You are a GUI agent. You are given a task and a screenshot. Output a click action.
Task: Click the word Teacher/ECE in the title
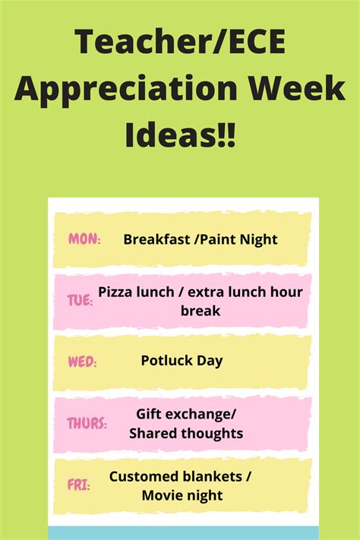(180, 43)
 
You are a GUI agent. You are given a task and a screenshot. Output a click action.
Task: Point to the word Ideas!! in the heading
(180, 134)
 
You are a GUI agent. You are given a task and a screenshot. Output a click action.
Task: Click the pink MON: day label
(84, 238)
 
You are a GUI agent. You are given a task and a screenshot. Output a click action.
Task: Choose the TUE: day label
(80, 300)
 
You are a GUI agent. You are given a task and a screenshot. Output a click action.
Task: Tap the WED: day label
(82, 362)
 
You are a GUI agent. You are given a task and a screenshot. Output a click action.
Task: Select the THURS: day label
(87, 423)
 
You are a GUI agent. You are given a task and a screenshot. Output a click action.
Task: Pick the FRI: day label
(78, 485)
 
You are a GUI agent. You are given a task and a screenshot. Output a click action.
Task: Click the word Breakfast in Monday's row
(156, 239)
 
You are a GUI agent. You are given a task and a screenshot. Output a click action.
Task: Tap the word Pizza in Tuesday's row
(115, 292)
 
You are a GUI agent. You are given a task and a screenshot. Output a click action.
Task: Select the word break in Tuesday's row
(201, 311)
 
